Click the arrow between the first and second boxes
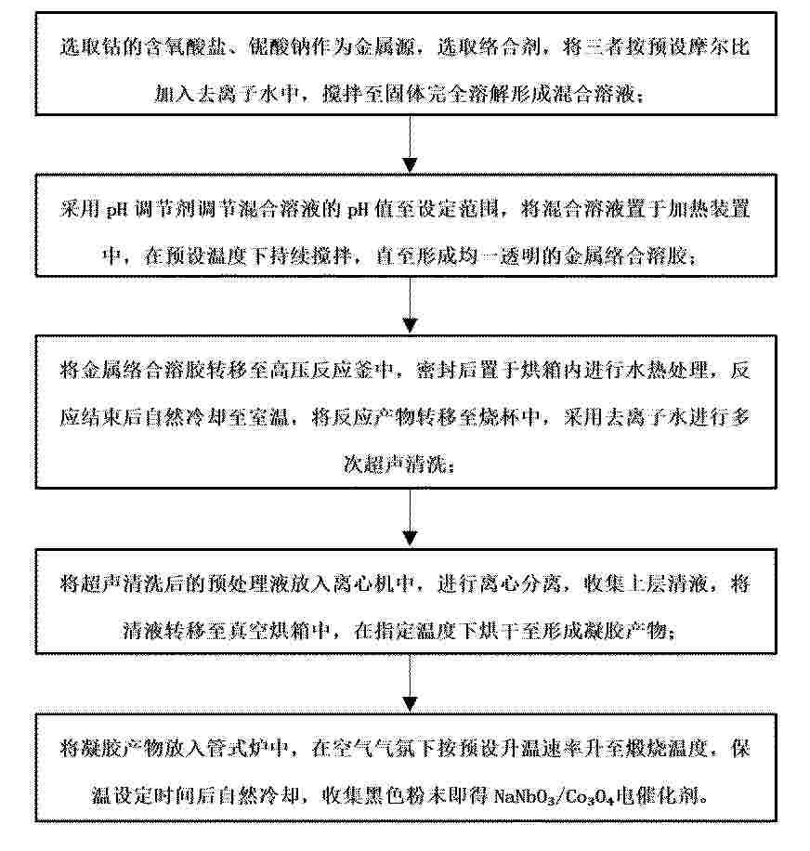click(410, 144)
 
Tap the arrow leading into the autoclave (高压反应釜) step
click(410, 305)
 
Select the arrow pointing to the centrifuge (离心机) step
click(410, 518)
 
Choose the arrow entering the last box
click(410, 684)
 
